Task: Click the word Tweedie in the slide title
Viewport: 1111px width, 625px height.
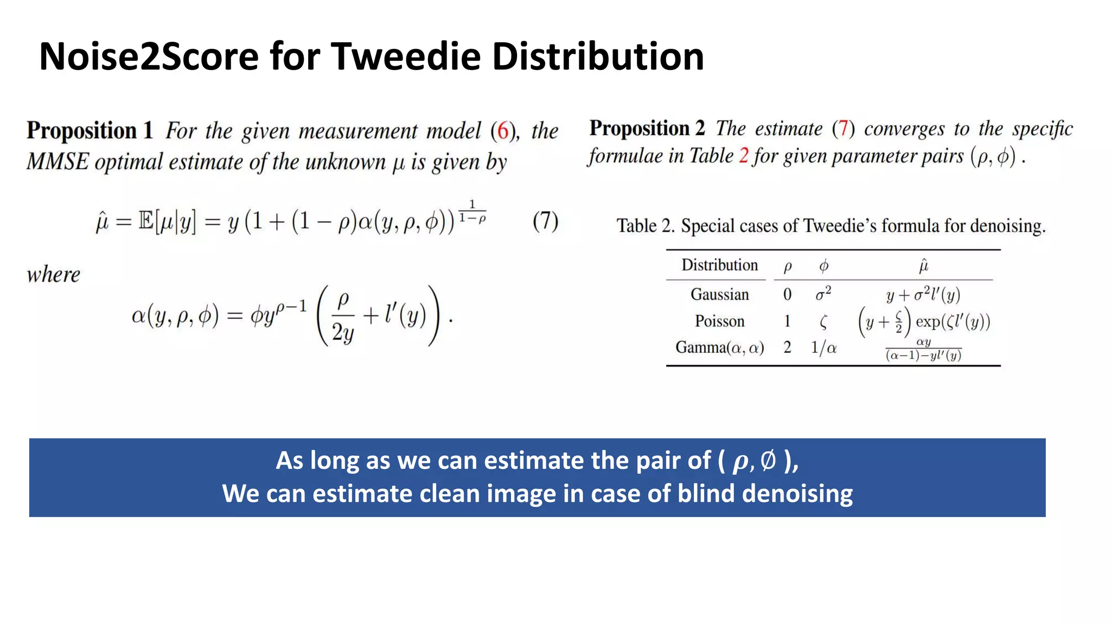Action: [x=406, y=56]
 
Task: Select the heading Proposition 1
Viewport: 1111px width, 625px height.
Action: [x=90, y=131]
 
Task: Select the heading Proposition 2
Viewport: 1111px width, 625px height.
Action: [x=647, y=129]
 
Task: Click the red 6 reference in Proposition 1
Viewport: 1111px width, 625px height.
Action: [x=503, y=131]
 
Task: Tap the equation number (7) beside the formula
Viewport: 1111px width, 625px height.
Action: [x=545, y=221]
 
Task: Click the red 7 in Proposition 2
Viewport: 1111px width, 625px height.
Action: [x=843, y=129]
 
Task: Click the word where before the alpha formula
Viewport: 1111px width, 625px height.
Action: [x=53, y=275]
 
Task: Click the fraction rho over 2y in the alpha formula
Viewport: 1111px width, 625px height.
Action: [x=343, y=316]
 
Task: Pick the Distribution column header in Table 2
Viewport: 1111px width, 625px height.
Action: [x=719, y=265]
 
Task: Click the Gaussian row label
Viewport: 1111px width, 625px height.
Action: [x=719, y=295]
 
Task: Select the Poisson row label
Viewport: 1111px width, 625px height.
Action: [x=719, y=321]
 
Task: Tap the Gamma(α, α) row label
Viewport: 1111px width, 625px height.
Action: [x=719, y=348]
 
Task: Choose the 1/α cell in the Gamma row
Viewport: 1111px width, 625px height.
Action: [x=823, y=348]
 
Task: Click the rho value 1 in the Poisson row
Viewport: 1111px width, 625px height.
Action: [x=787, y=321]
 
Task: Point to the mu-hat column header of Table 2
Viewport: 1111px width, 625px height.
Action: [x=923, y=266]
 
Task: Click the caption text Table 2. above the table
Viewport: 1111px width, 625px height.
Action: [x=645, y=226]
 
